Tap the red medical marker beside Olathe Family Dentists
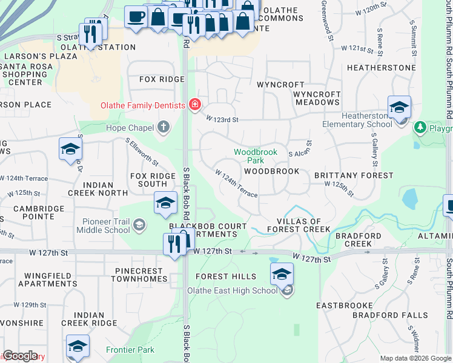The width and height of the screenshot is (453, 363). (194, 105)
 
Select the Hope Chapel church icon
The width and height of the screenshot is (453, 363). (162, 126)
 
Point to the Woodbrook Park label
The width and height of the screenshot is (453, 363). (256, 156)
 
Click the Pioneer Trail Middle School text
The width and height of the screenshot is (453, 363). (103, 225)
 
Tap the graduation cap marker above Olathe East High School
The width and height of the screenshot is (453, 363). (282, 274)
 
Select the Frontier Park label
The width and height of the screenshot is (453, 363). (130, 350)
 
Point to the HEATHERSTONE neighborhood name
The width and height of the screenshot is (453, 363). (382, 68)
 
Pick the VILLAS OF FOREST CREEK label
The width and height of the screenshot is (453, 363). (303, 226)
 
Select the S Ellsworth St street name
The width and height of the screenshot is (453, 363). (142, 152)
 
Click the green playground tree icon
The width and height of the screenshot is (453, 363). (420, 127)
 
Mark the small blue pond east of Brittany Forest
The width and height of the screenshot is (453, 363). (410, 198)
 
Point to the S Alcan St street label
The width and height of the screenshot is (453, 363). (300, 149)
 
